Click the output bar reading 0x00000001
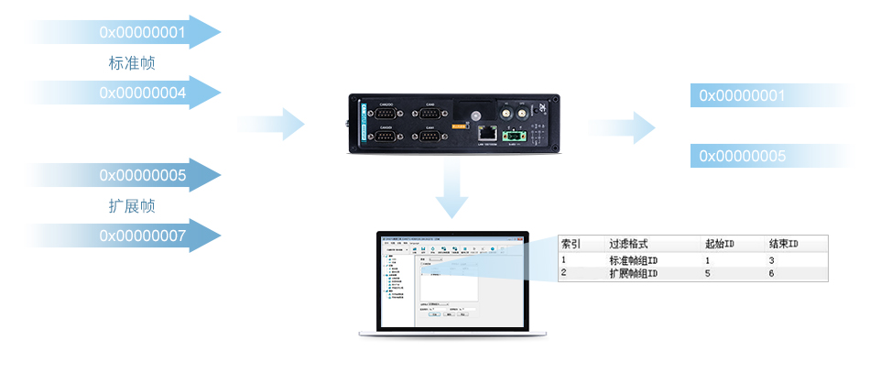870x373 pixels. (x=742, y=95)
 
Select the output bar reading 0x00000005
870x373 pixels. (x=742, y=157)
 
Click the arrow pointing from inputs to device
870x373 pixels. (x=280, y=124)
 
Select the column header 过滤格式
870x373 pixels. (x=629, y=245)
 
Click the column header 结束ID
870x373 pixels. (x=784, y=245)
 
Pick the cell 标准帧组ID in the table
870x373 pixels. (x=633, y=260)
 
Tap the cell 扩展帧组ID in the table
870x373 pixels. (x=633, y=273)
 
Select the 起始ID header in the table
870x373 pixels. (x=721, y=245)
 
